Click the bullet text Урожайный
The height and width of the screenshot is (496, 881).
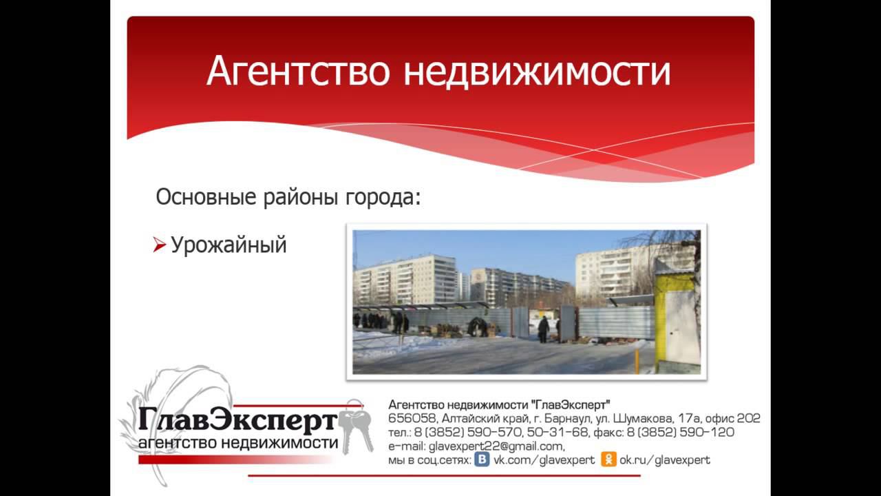click(229, 245)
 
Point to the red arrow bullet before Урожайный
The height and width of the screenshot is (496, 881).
click(159, 245)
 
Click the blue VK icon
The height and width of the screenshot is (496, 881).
click(483, 459)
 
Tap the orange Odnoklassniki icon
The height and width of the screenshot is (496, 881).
click(608, 459)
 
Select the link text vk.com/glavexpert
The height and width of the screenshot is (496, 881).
click(544, 460)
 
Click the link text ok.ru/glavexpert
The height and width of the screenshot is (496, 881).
click(664, 460)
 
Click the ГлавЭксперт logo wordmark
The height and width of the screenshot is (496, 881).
click(237, 419)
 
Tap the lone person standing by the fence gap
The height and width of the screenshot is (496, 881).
click(544, 329)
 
